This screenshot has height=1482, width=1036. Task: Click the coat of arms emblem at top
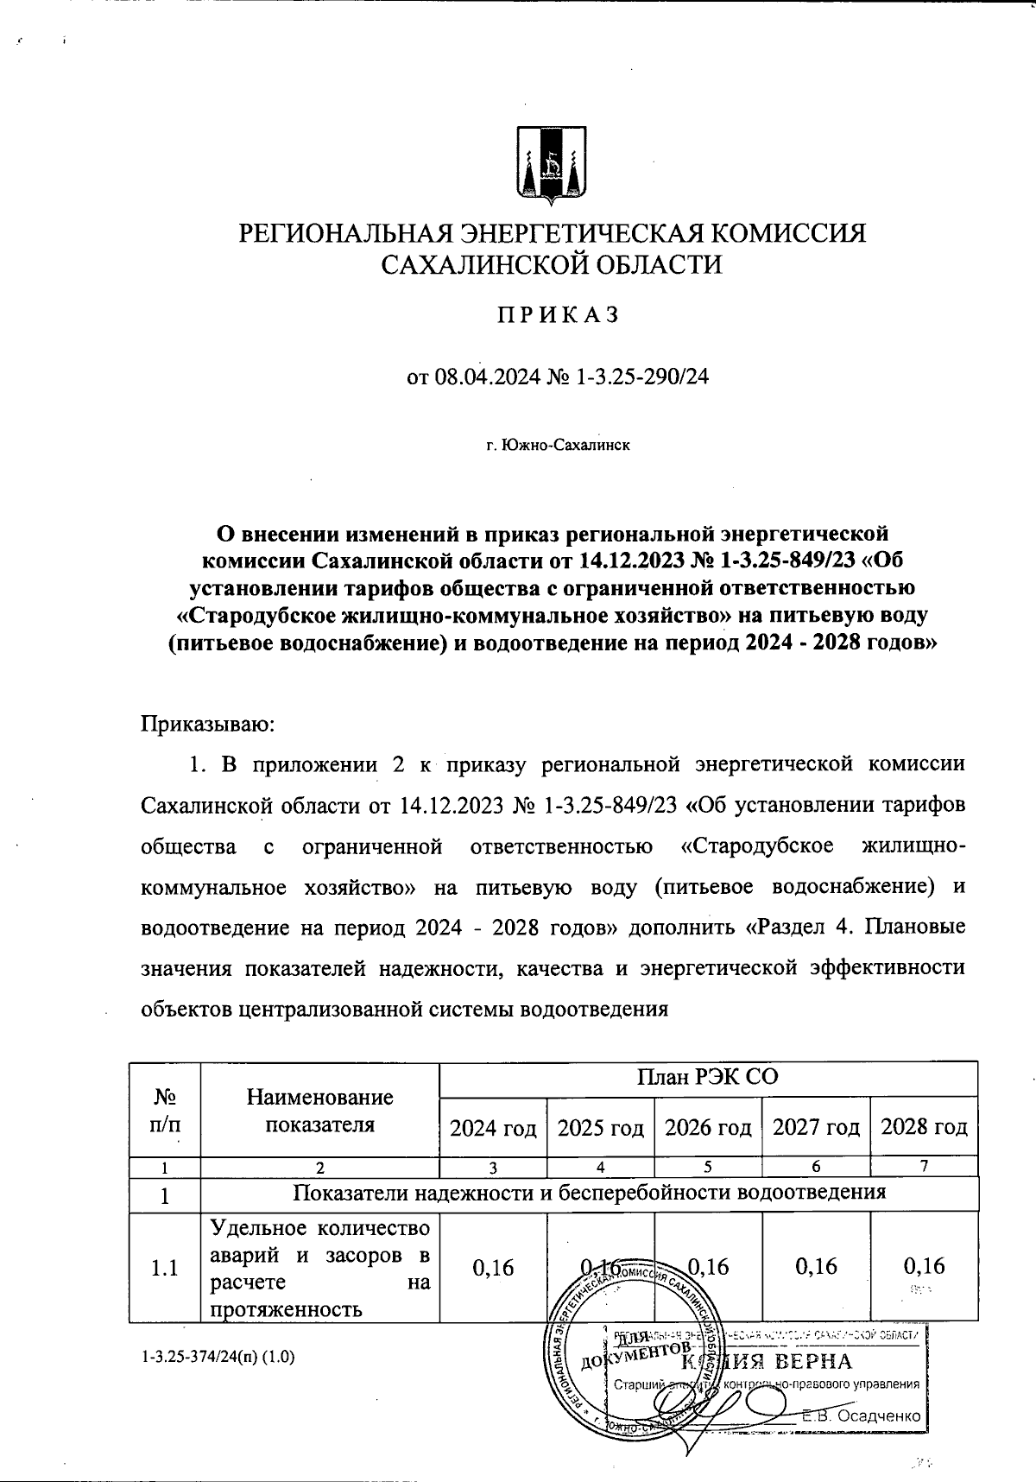tap(552, 165)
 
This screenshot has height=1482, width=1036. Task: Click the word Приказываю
tap(207, 723)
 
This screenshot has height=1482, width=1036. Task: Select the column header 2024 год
tap(494, 1127)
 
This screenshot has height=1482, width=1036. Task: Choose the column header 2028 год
tap(923, 1127)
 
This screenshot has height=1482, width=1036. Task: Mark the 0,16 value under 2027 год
tap(816, 1266)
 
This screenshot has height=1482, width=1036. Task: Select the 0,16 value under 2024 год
tap(493, 1267)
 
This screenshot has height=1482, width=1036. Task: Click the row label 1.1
tap(164, 1268)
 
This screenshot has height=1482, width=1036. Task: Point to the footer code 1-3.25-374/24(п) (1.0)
tap(218, 1357)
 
